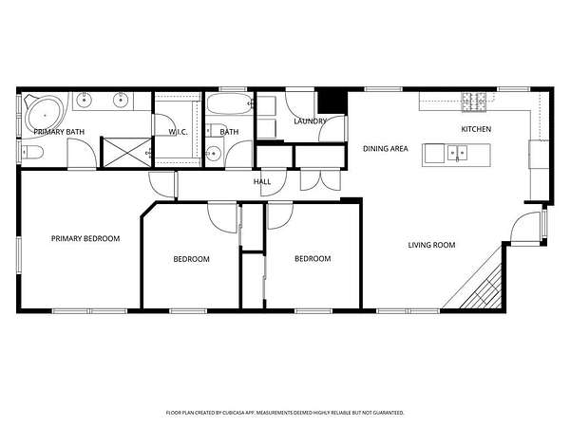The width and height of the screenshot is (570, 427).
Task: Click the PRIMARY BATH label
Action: pyautogui.click(x=59, y=132)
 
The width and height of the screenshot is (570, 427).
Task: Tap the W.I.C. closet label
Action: pyautogui.click(x=178, y=132)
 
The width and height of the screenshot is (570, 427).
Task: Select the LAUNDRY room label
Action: pyautogui.click(x=310, y=121)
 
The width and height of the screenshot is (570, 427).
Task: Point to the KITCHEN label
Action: pyautogui.click(x=476, y=129)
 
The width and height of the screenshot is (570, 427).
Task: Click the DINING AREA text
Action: pyautogui.click(x=386, y=149)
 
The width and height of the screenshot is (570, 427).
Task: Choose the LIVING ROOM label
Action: pyautogui.click(x=431, y=245)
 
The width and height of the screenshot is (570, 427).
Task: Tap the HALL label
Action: pyautogui.click(x=262, y=181)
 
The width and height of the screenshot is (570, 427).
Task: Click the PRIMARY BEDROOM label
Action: pyautogui.click(x=85, y=238)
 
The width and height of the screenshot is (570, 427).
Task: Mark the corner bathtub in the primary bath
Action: pyautogui.click(x=45, y=115)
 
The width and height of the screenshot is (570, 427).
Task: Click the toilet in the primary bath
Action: pyautogui.click(x=32, y=153)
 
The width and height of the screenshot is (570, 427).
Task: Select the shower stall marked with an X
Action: pyautogui.click(x=127, y=153)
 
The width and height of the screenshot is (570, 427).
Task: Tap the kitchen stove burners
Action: pyautogui.click(x=474, y=102)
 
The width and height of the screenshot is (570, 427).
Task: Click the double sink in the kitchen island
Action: pyautogui.click(x=457, y=153)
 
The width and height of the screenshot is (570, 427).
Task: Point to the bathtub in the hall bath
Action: pyautogui.click(x=230, y=103)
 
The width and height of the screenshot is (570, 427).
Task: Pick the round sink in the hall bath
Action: pyautogui.click(x=214, y=154)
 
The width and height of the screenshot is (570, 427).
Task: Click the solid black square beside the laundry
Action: pyautogui.click(x=331, y=102)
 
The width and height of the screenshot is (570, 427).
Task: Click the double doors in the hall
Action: pyautogui.click(x=320, y=180)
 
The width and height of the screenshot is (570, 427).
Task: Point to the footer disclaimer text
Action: pyautogui.click(x=285, y=413)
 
